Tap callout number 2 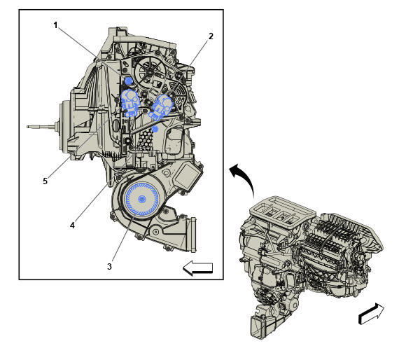[211, 35]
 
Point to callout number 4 [72, 225]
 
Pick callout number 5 [45, 181]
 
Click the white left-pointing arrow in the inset [197, 267]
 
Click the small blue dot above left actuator [129, 81]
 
